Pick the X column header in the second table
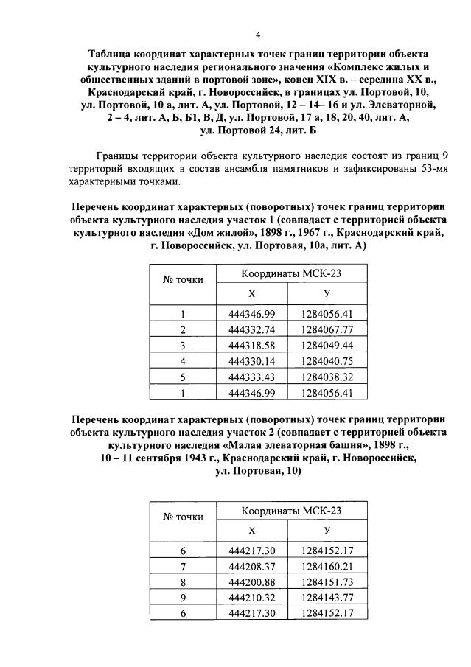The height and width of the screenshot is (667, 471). pos(252,531)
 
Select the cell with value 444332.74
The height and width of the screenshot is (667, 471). pos(252,329)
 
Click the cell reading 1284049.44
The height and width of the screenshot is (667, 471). pos(327,345)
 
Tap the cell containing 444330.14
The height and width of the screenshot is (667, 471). pos(252,360)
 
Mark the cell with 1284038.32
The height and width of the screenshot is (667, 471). pos(327,376)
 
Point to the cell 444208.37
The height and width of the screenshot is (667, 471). pos(252,567)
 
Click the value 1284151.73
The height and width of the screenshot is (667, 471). pos(327,582)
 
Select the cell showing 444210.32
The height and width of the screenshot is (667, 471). pos(252,598)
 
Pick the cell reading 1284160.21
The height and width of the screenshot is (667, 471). pos(327,567)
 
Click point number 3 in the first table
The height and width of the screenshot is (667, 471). pos(182,345)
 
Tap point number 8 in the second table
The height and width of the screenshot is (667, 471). pos(182,582)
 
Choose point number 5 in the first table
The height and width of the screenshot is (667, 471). pos(182,376)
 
